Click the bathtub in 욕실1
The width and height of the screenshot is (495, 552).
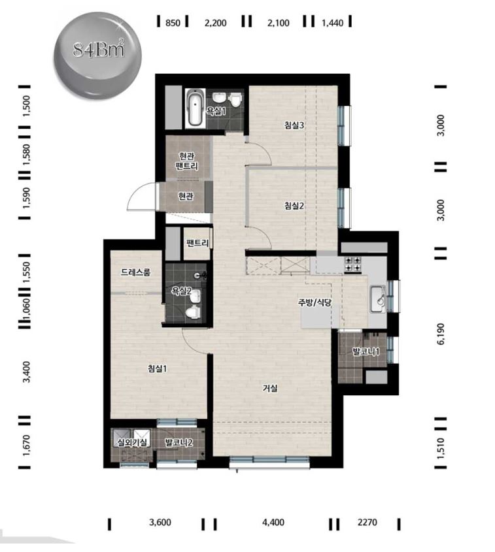pos(195,107)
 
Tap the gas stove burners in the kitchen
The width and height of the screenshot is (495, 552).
pos(352,264)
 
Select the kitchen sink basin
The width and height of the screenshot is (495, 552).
pos(377,299)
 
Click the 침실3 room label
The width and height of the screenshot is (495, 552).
pos(294,125)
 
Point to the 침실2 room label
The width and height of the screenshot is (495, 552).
pos(294,206)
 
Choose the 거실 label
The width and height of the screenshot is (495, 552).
pos(270,388)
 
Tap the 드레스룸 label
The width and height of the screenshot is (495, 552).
pos(135,272)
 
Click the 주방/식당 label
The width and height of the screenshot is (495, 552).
pos(315,302)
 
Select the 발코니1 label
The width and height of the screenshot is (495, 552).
pos(366,351)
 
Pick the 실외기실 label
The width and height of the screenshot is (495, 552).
pos(131,442)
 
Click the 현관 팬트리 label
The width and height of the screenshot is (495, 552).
pos(186,161)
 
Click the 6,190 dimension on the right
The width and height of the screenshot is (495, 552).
pos(441,334)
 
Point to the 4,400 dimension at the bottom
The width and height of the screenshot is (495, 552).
pos(273,522)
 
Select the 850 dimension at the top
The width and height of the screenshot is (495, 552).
pos(173,23)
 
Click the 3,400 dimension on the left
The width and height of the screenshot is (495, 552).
pos(26,372)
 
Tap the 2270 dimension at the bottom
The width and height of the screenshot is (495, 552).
pos(367,522)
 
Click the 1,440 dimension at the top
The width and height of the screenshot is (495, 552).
pos(333,23)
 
